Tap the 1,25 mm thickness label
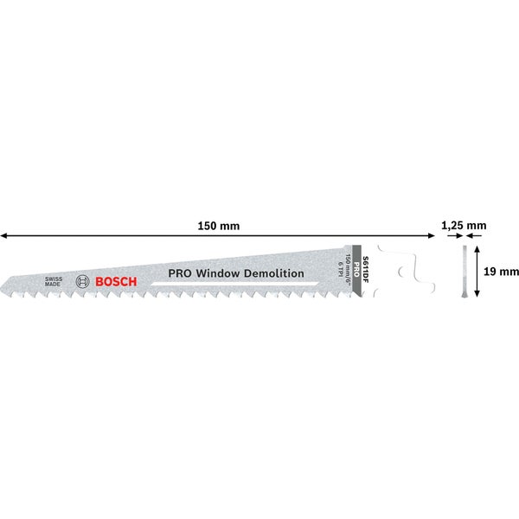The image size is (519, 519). (464, 226)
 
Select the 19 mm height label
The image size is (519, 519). (502, 272)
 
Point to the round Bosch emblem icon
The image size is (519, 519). (83, 280)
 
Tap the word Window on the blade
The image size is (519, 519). (221, 273)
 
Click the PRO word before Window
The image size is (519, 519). (180, 273)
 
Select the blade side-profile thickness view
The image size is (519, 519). (464, 272)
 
